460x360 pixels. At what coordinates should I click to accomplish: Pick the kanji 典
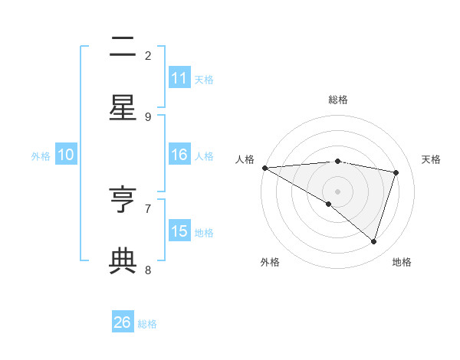pyautogui.click(x=123, y=261)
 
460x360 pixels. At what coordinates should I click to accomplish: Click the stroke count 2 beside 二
pyautogui.click(x=148, y=55)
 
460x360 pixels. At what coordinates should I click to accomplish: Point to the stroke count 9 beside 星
pyautogui.click(x=148, y=116)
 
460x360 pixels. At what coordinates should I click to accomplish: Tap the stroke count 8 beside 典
pyautogui.click(x=148, y=270)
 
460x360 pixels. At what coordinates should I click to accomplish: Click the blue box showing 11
pyautogui.click(x=179, y=78)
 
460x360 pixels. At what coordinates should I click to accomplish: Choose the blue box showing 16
pyautogui.click(x=179, y=155)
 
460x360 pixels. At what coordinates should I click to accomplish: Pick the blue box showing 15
pyautogui.click(x=179, y=231)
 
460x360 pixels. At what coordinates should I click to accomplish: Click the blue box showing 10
pyautogui.click(x=66, y=155)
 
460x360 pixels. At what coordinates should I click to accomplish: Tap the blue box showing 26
pyautogui.click(x=123, y=322)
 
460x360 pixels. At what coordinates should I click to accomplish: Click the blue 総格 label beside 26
pyautogui.click(x=147, y=324)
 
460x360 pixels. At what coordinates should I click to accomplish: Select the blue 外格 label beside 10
pyautogui.click(x=41, y=156)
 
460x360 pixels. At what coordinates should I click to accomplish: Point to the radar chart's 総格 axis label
pyautogui.click(x=338, y=100)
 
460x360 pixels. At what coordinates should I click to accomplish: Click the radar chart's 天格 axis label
pyautogui.click(x=431, y=159)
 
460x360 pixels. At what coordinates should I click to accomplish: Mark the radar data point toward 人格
pyautogui.click(x=264, y=167)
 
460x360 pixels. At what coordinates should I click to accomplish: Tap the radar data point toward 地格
pyautogui.click(x=373, y=241)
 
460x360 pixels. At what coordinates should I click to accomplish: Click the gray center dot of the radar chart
pyautogui.click(x=337, y=191)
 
